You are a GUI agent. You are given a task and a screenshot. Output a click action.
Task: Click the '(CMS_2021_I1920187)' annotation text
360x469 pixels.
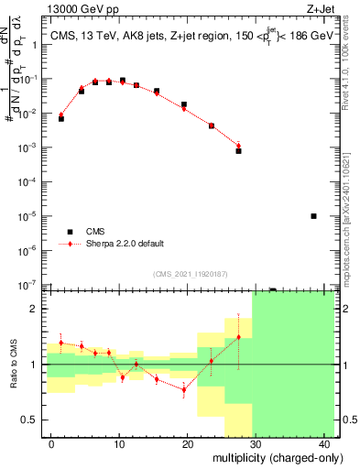coord(190,273)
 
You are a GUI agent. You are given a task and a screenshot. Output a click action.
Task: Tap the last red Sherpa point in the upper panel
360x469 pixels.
coord(238,145)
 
